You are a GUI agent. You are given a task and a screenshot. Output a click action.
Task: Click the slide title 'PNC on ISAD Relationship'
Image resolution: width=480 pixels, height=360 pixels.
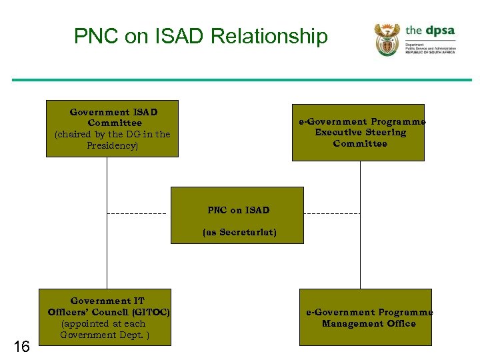201,36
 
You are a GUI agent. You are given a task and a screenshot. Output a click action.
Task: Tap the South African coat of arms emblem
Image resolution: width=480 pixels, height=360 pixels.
387,39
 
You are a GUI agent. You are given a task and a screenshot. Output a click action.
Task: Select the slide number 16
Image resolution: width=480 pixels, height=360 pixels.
21,346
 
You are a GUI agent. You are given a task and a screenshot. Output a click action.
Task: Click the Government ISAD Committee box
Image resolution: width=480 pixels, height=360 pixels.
112,129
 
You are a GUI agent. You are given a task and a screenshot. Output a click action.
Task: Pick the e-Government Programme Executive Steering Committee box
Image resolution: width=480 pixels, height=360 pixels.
358,133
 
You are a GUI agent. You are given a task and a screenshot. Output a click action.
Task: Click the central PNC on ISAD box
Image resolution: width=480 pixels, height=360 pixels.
237,215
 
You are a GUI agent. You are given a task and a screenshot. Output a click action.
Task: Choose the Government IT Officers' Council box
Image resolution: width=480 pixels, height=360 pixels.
105,317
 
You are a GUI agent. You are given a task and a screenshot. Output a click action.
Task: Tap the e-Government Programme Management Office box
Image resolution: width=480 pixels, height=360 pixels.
365,317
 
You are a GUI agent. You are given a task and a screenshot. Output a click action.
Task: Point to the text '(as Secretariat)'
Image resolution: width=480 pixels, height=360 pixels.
239,233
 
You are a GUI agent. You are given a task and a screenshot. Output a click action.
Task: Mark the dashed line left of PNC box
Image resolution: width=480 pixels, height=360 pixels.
137,213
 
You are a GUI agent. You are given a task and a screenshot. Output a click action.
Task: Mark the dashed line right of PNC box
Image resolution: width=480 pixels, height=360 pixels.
331,213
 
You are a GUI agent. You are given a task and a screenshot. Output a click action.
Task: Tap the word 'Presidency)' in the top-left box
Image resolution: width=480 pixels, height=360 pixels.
112,145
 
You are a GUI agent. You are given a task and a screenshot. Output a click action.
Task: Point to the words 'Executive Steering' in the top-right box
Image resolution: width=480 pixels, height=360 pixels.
360,133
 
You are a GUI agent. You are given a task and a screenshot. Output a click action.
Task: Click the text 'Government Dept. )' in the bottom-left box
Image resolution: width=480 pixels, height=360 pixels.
105,335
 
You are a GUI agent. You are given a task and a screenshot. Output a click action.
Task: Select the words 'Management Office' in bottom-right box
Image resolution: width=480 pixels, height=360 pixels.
369,323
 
